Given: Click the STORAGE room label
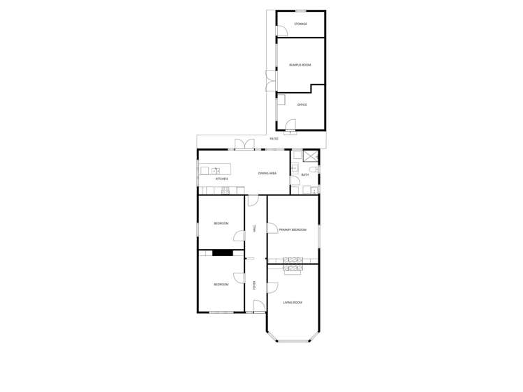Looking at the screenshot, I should coord(300,24).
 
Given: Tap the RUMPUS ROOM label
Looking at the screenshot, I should coord(300,65).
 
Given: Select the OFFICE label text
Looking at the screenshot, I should coord(302,105).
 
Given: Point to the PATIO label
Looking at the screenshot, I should coord(274,139).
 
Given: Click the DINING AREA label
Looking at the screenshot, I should coord(267,173).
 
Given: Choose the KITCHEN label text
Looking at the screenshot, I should coord(221,179).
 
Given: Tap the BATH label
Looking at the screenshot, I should coord(304,174).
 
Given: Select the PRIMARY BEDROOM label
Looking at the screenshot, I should coord(293,229).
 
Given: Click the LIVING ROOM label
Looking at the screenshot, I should coord(293,302).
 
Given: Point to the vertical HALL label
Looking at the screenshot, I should coord(255,228).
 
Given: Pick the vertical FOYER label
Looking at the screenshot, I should coord(255,285).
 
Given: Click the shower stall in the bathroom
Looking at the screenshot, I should coord(311,156).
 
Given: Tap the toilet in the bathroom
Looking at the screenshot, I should coord(314,169).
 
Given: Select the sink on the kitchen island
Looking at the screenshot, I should coord(216,170).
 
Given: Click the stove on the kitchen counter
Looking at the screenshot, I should coord(233,190).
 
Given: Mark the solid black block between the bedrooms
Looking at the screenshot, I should coord(223,252).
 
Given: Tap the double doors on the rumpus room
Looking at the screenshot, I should coord(270,81).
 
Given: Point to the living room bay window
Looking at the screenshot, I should coord(293,340).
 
